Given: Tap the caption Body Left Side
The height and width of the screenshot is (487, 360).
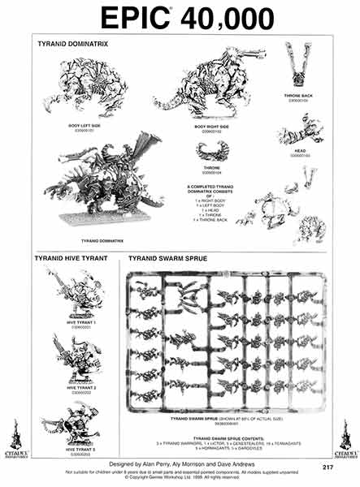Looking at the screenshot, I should click(85, 124).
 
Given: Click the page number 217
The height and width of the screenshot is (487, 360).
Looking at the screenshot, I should click(327, 467).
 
